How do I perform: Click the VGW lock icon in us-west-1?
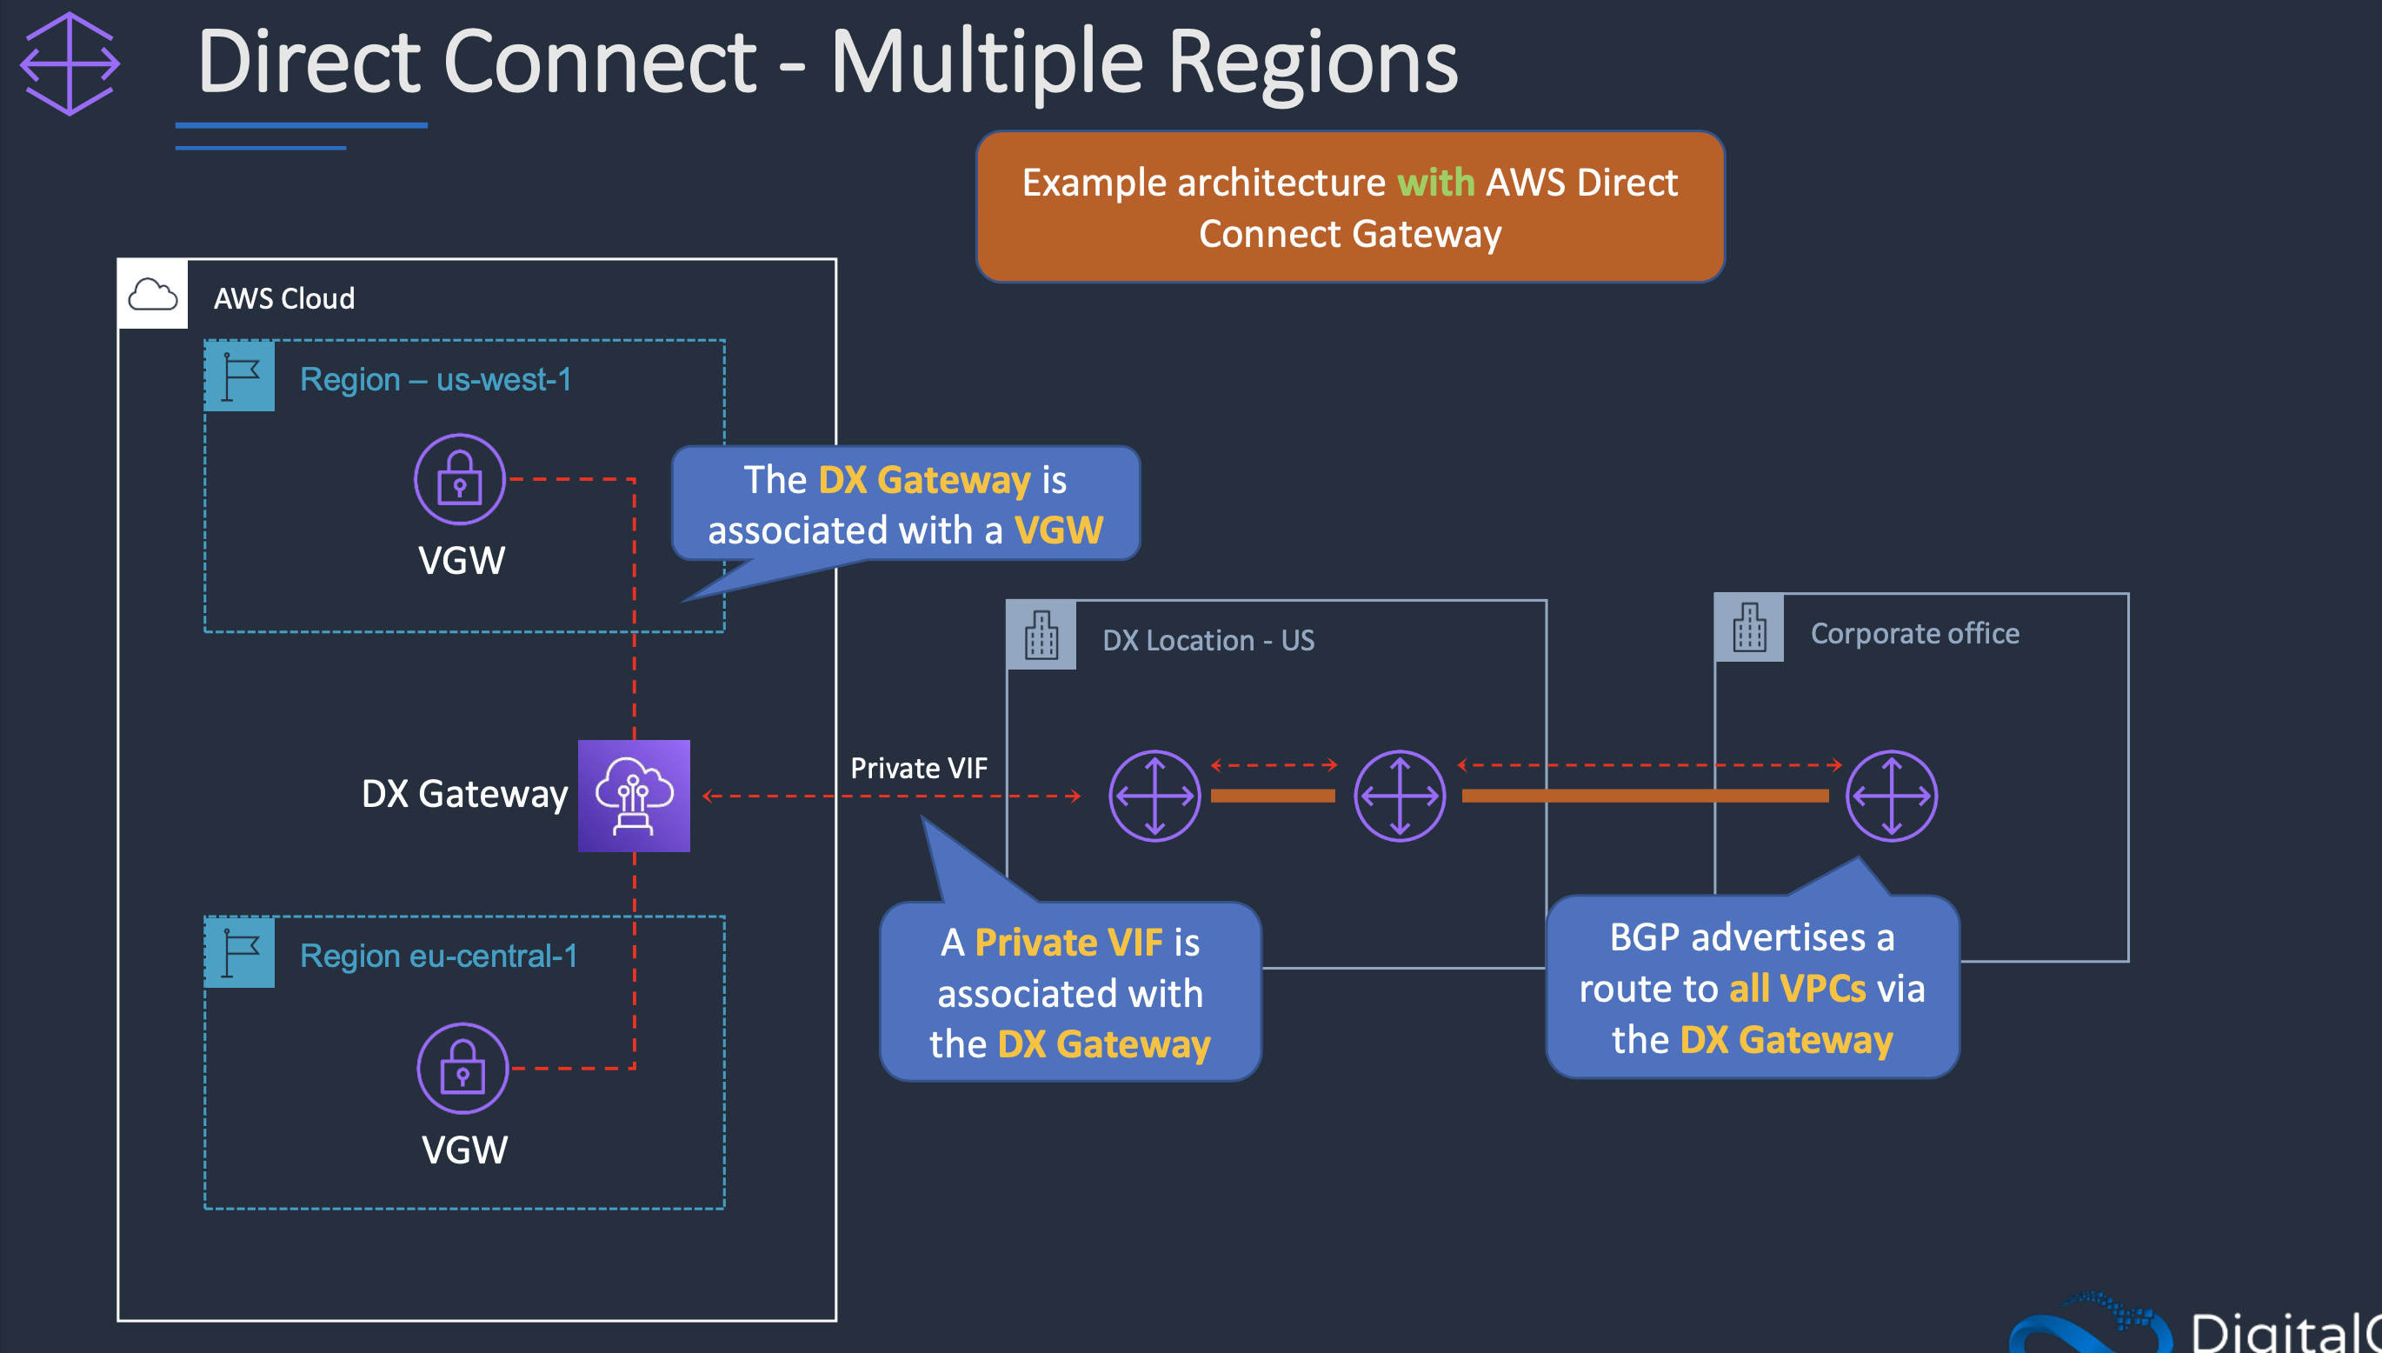(459, 479)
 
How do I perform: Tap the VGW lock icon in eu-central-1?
(462, 1069)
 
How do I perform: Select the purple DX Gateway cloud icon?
(634, 796)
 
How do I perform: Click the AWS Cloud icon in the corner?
(152, 296)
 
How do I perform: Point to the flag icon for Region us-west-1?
(240, 377)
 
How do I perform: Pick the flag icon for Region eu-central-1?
(240, 952)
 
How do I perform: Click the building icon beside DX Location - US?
(1041, 636)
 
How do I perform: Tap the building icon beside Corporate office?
(1748, 627)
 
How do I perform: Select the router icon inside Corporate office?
(1891, 796)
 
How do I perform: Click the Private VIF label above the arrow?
(919, 769)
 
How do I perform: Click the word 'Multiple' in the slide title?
(986, 63)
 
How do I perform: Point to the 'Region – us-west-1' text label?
(435, 379)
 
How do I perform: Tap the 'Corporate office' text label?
(1913, 634)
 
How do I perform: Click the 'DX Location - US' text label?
(1208, 640)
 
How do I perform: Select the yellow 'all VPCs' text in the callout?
(1797, 988)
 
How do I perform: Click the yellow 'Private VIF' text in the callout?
(1068, 943)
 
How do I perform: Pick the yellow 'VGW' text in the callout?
(1058, 530)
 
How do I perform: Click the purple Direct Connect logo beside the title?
(70, 63)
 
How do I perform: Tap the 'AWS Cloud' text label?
(284, 298)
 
